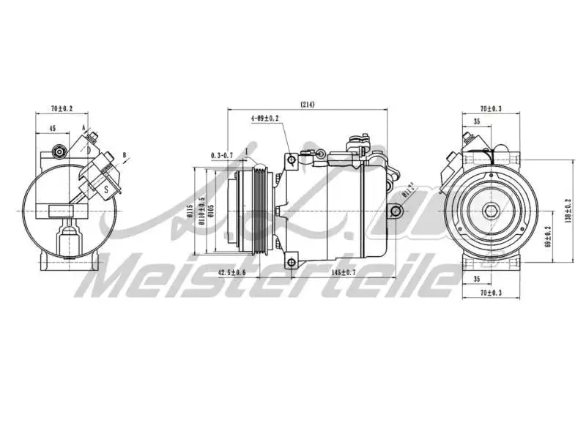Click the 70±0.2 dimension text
[x=62, y=108]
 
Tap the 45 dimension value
[x=52, y=128]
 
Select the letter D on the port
[x=89, y=150]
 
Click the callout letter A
[x=84, y=128]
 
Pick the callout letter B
[x=125, y=156]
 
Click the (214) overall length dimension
[x=307, y=105]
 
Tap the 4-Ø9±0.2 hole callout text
[x=264, y=118]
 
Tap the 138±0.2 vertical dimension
[x=568, y=211]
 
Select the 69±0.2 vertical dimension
[x=549, y=238]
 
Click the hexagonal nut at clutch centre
[x=492, y=212]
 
